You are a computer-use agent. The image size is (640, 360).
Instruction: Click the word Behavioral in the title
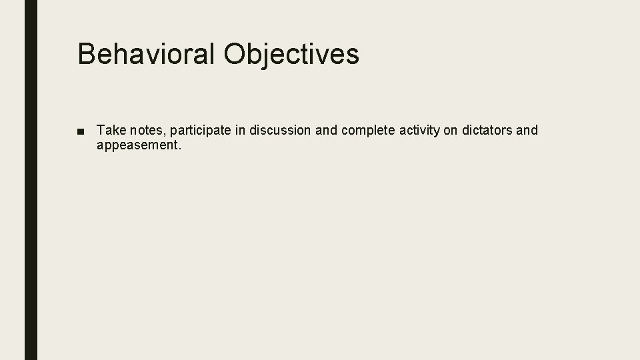[147, 54]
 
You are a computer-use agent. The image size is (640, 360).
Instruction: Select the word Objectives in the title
[292, 54]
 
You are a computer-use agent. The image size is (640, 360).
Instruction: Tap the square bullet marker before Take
[81, 131]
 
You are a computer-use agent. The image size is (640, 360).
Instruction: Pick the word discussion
[280, 130]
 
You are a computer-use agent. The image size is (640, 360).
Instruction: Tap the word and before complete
[327, 130]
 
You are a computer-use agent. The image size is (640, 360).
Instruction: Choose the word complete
[368, 131]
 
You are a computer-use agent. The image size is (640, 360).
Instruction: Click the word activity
[419, 131]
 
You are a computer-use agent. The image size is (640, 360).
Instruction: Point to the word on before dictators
[451, 130]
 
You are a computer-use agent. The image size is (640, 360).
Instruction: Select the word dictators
[487, 130]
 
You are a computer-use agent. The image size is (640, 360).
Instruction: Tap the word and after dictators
[527, 130]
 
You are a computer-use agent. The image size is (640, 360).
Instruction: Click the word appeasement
[137, 145]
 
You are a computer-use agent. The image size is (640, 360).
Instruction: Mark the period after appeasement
[179, 148]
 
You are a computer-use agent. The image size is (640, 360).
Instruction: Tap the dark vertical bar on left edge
[31, 180]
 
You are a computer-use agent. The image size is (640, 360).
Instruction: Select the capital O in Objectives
[235, 54]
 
